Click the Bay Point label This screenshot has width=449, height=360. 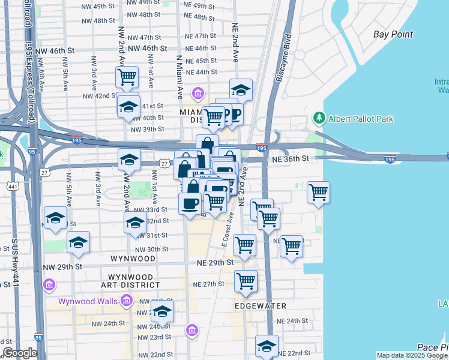point(393,34)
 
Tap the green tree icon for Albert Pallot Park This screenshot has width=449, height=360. point(318,118)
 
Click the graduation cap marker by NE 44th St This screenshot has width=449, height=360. point(241,90)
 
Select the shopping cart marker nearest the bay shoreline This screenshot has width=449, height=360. point(318,193)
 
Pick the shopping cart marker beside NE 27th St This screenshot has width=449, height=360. point(246,280)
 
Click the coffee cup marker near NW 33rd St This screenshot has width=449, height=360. point(190,203)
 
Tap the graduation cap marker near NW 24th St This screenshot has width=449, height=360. point(162,311)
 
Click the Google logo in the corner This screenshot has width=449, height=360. point(20,353)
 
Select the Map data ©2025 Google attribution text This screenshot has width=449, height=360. point(412,355)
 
